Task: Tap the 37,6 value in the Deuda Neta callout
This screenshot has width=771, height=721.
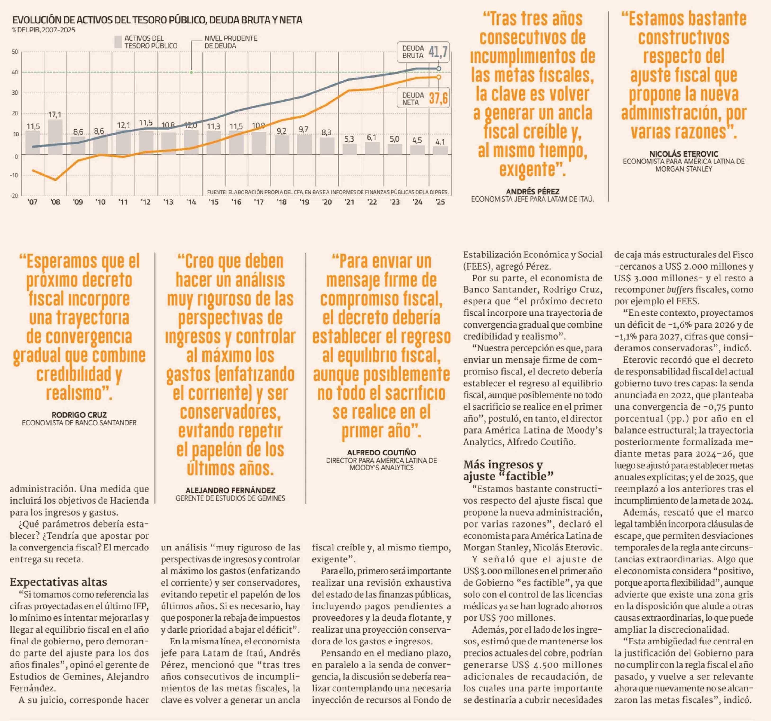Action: pyautogui.click(x=438, y=98)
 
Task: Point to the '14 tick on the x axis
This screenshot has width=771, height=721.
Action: pyautogui.click(x=191, y=202)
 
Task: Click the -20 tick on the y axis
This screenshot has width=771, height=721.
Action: pyautogui.click(x=14, y=195)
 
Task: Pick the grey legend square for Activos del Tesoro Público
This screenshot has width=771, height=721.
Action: pyautogui.click(x=118, y=42)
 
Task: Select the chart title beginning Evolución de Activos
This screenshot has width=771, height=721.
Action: pyautogui.click(x=157, y=20)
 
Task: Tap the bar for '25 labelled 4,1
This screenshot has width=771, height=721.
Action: pyautogui.click(x=440, y=150)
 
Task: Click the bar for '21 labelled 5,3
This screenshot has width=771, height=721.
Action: pyautogui.click(x=349, y=149)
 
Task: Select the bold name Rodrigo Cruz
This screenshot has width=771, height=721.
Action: pyautogui.click(x=79, y=415)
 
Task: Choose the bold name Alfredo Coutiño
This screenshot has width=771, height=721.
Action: pyautogui.click(x=381, y=453)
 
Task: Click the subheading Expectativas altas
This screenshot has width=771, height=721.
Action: pyautogui.click(x=58, y=582)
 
